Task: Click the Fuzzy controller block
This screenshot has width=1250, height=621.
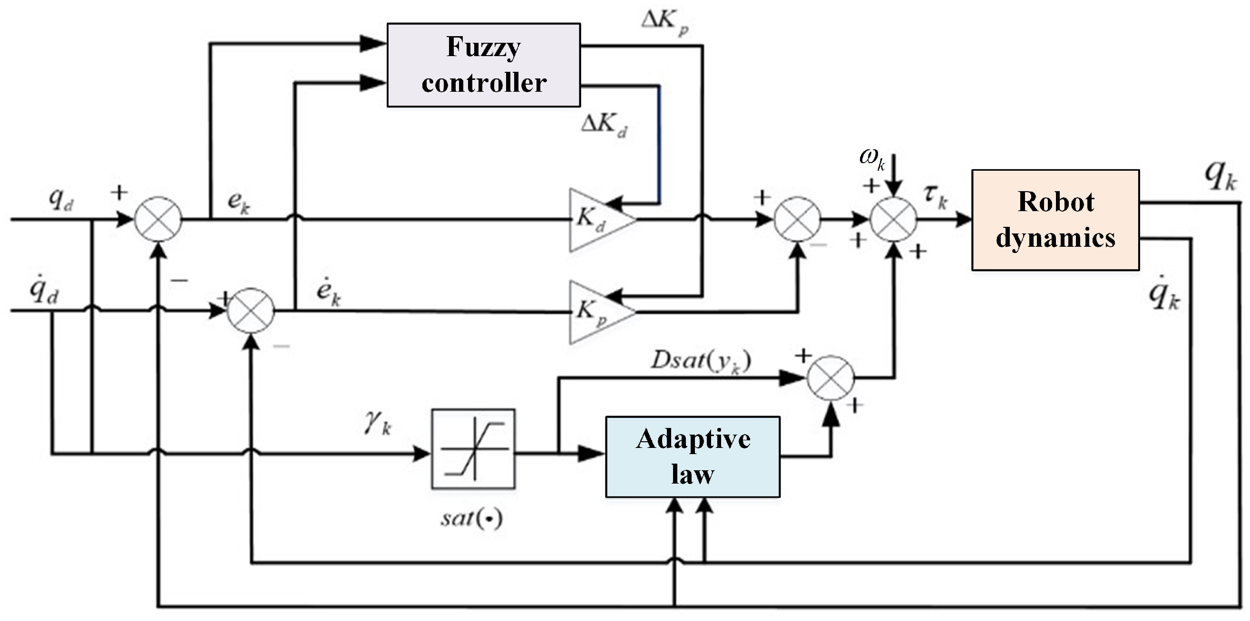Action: click(x=483, y=65)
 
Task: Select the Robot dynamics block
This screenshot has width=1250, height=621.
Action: click(x=1055, y=220)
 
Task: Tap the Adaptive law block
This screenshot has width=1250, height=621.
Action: click(x=693, y=456)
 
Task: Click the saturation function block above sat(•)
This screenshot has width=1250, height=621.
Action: click(x=473, y=449)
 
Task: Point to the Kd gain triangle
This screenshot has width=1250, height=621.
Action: click(x=597, y=220)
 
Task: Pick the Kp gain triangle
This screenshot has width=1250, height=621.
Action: click(x=597, y=311)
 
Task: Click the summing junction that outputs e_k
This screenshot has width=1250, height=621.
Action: click(x=158, y=219)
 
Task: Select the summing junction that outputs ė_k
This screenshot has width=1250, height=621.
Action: click(x=251, y=311)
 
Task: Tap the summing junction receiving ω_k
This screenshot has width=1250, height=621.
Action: click(x=893, y=219)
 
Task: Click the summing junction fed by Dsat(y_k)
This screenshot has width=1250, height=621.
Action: click(x=830, y=378)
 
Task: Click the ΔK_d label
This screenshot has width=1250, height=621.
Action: click(x=604, y=125)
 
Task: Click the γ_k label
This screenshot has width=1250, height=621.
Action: click(x=378, y=423)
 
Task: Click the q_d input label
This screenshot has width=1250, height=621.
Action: click(x=61, y=198)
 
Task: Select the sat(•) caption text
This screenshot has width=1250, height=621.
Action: click(x=471, y=519)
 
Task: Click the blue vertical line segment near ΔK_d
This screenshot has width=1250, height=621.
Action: click(x=659, y=146)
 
